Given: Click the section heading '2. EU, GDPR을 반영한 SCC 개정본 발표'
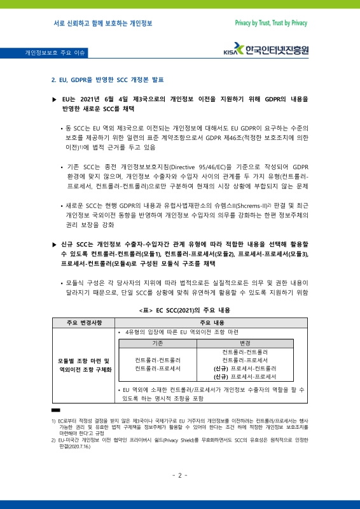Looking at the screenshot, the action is coord(106,80).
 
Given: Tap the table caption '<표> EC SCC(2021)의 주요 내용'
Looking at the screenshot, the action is coord(179,309).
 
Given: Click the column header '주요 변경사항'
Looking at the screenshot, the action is coord(83,323).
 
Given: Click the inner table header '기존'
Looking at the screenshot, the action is coord(158,343).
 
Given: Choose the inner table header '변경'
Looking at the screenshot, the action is coord(245,343).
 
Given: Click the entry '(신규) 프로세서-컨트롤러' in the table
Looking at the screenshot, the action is coord(245,368).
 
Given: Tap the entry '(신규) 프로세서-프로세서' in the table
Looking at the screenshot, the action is coord(245,377).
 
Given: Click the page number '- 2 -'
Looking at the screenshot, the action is coord(180,475).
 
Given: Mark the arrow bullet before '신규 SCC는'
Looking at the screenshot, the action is coord(54,244).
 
